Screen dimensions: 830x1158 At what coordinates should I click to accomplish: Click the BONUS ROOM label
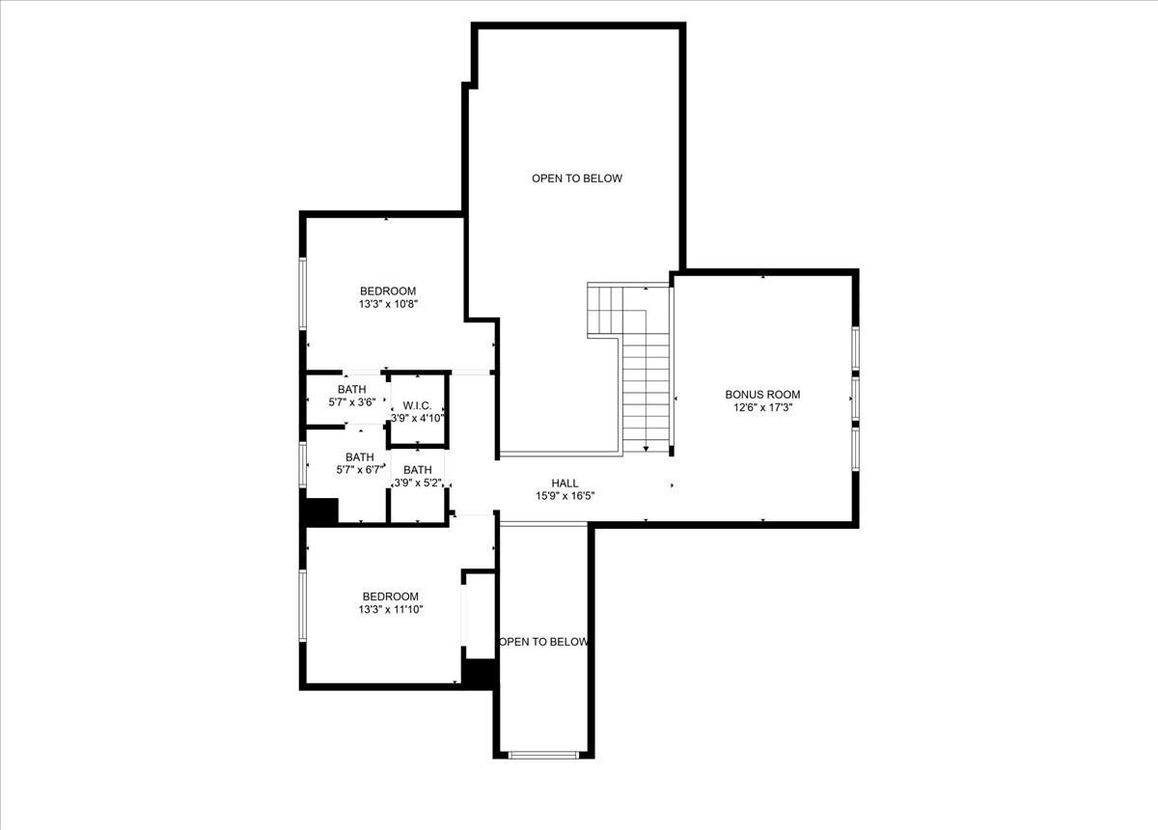click(x=762, y=394)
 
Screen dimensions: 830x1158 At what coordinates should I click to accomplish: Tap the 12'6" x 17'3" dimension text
click(x=762, y=407)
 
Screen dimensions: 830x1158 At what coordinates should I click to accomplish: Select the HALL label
click(x=565, y=483)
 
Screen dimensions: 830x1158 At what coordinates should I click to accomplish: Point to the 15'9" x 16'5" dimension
click(x=565, y=496)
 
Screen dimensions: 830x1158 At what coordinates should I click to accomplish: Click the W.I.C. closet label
click(x=417, y=405)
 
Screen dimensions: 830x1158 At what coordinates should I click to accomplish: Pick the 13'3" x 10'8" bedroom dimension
click(x=387, y=304)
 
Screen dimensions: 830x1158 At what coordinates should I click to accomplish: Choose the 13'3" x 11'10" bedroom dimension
click(x=390, y=609)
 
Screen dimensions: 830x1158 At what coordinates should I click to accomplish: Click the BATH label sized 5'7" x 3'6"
click(x=351, y=389)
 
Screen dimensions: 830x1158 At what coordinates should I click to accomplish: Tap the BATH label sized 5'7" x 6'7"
click(x=359, y=456)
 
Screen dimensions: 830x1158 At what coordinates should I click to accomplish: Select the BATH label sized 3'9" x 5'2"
click(x=417, y=469)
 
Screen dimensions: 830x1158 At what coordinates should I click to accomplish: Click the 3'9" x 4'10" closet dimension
click(x=417, y=418)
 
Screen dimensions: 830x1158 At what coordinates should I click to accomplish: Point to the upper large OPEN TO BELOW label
click(x=576, y=179)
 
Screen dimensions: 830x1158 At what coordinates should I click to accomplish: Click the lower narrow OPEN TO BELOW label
click(x=543, y=642)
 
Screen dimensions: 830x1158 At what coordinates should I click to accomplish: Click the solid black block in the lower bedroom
click(x=480, y=673)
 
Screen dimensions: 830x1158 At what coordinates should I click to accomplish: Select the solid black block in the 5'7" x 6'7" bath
click(x=321, y=511)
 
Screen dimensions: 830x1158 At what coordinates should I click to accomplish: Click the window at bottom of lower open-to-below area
click(x=544, y=755)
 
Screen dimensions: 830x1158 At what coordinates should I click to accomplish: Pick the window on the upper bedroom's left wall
click(x=302, y=293)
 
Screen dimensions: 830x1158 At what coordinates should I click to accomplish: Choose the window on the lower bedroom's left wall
click(x=302, y=605)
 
